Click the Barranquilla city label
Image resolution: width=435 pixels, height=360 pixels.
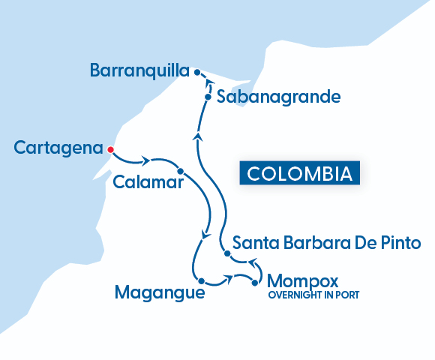138,70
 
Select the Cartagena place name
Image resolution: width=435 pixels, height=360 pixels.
58,148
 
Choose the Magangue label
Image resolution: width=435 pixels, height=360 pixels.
159,292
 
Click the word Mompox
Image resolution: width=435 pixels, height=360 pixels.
303,281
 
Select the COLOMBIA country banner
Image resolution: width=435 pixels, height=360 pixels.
298,173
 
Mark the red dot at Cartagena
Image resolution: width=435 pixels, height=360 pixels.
110,148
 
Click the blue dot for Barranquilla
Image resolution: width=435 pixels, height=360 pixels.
196,72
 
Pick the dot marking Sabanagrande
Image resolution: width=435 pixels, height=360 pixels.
208,97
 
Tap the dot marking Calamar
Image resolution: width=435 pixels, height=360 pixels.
181,171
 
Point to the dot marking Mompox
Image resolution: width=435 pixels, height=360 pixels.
255,283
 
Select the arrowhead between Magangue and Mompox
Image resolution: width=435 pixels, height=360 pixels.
226,281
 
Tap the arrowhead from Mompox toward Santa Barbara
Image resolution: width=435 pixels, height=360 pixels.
252,262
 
